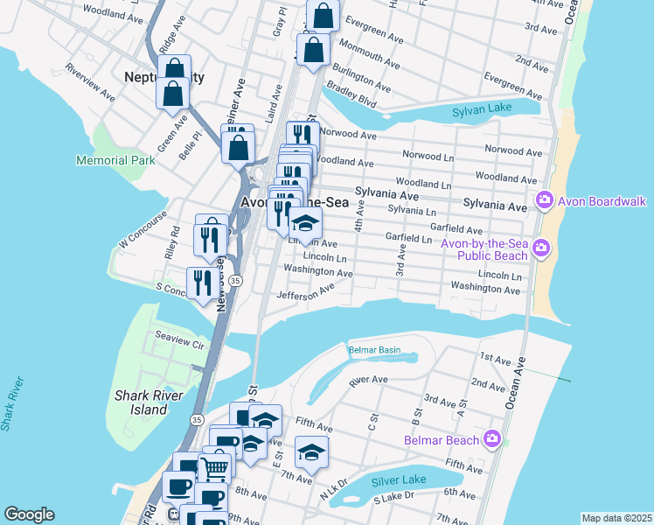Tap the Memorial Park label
point(115,160)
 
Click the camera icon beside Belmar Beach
point(492,439)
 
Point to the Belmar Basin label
point(374,350)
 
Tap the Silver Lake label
point(398,480)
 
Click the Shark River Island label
point(141,402)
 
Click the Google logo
point(29,514)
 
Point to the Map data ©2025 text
point(616,518)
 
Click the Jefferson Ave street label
point(305,295)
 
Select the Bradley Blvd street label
point(351,96)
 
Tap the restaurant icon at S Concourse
point(200,282)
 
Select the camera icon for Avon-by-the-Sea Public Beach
point(540,248)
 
